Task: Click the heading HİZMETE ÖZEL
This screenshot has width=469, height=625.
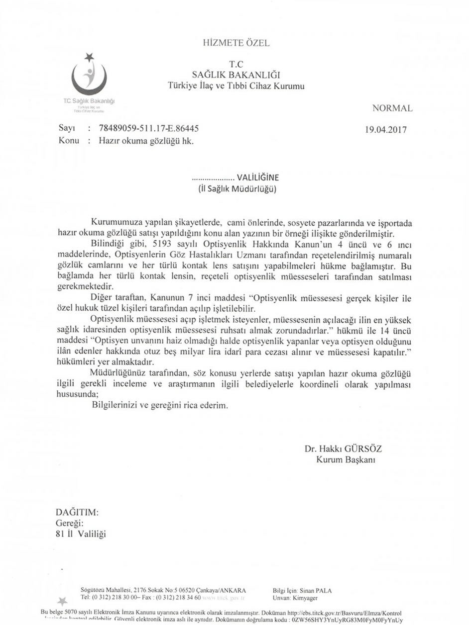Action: pos(236,43)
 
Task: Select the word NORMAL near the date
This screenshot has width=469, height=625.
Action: pos(392,108)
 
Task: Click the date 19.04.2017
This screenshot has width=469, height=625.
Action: pos(386,130)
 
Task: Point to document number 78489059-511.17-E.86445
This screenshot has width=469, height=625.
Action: pos(149,128)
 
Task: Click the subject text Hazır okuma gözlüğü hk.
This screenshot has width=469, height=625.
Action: pos(145,141)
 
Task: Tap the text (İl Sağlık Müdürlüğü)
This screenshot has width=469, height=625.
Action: pos(237,189)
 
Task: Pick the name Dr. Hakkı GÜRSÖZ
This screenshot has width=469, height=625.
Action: pos(343,448)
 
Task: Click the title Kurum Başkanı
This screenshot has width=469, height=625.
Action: pos(346,460)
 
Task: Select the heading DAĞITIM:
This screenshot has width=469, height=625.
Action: pos(77,512)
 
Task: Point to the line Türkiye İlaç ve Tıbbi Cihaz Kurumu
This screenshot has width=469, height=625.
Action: pos(236,86)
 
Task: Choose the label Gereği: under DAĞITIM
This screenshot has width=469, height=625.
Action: pos(69,524)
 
